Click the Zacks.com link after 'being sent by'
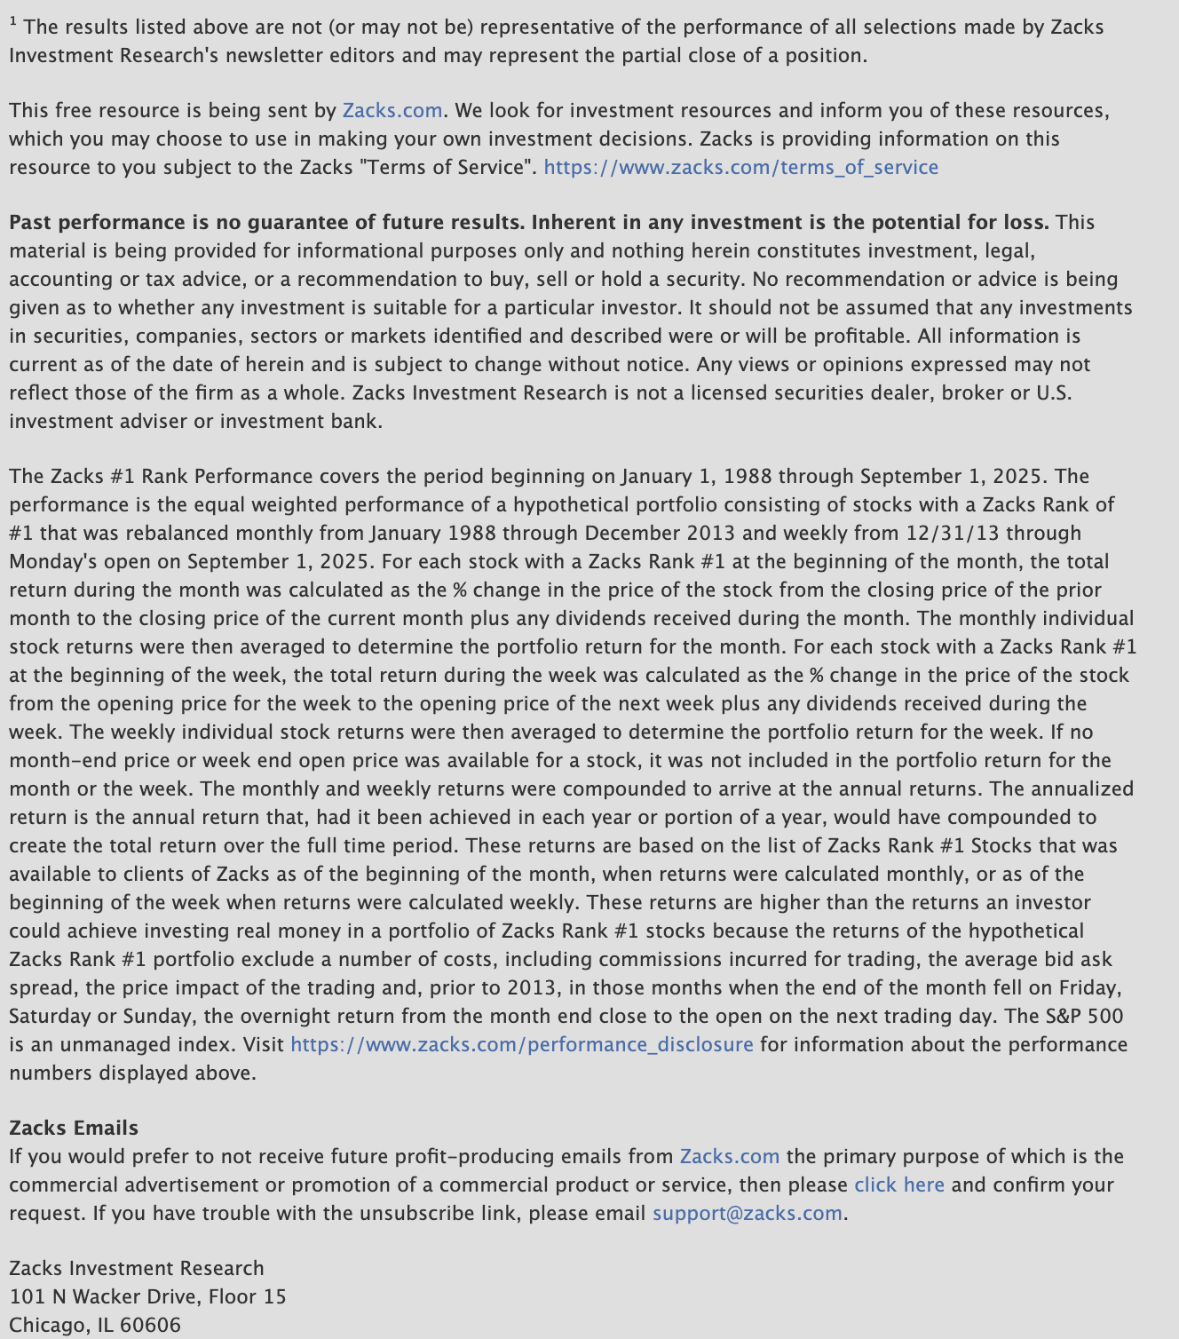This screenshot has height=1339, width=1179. coord(392,110)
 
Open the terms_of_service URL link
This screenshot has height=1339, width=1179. coord(740,167)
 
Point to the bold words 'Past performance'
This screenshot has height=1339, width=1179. coord(98,222)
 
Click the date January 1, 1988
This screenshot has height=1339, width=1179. coord(692,476)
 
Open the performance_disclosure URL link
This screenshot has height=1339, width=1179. coord(521,1044)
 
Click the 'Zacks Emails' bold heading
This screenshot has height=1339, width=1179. coord(74,1128)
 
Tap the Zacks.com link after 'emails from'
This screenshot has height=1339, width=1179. coord(729,1156)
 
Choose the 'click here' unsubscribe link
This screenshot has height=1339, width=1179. coord(898,1184)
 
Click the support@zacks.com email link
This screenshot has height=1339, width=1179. coord(747,1213)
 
